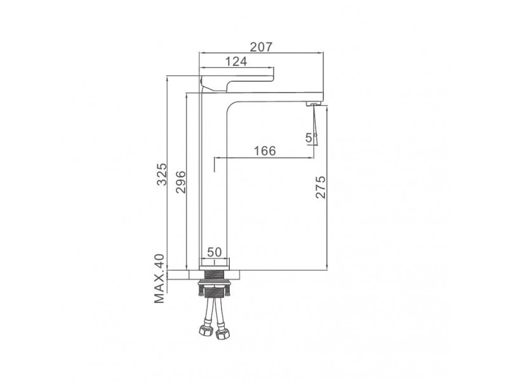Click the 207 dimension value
coord(261,47)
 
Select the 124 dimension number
coord(236,61)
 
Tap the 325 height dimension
coord(162,174)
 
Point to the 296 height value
coord(180,182)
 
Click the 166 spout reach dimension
coord(265,151)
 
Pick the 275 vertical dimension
coord(321,187)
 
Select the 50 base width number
coord(214,251)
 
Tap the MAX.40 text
coord(159,279)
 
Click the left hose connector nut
coord(204,331)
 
